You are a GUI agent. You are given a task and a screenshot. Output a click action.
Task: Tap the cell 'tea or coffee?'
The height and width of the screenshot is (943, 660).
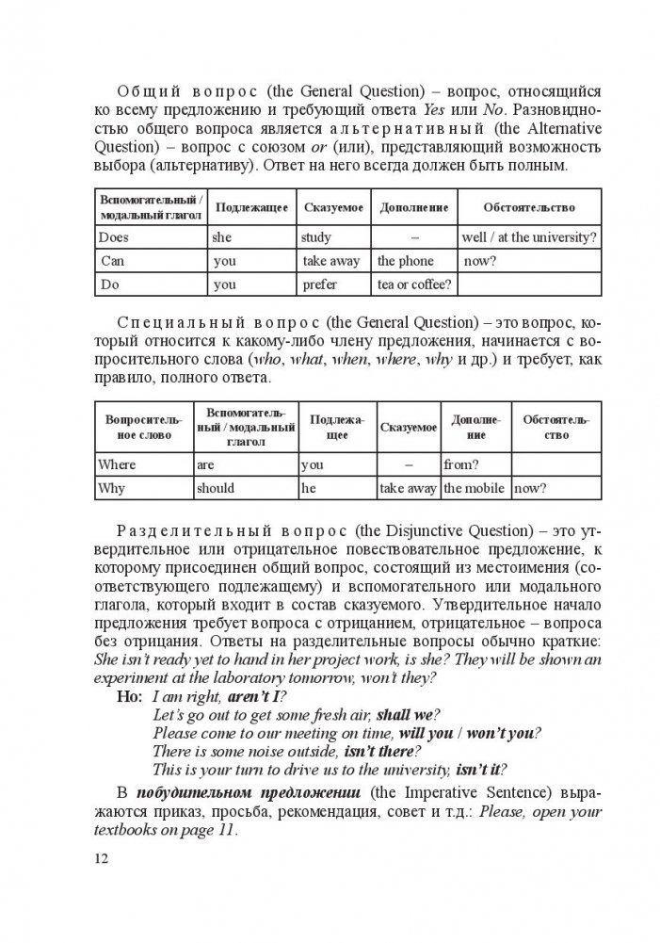[413, 284]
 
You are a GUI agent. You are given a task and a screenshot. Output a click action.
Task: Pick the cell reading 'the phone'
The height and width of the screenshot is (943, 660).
[406, 261]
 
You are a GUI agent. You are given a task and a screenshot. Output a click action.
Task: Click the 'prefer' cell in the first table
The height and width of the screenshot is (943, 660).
[320, 284]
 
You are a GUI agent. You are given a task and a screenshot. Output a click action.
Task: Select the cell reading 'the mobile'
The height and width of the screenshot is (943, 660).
[475, 488]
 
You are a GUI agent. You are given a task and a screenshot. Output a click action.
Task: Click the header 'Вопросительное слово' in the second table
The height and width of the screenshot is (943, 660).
[140, 428]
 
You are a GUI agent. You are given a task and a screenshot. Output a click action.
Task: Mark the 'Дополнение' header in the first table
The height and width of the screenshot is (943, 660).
[412, 207]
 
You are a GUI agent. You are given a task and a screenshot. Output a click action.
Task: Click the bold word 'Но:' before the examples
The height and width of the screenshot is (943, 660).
[127, 697]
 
